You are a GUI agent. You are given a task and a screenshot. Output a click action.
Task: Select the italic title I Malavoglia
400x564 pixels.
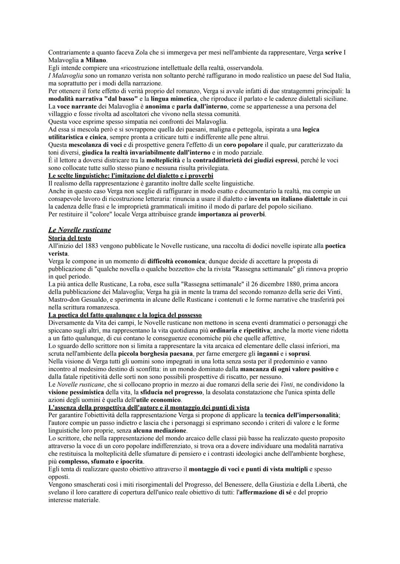click(63, 75)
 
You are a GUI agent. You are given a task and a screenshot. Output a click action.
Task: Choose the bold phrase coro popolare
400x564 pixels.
click(243, 145)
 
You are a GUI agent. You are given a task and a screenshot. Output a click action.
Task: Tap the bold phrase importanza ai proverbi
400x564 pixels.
click(232, 214)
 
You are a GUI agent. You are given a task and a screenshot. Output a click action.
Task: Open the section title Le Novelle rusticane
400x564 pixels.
click(80, 230)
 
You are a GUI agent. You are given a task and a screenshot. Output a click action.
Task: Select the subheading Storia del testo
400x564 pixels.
click(70, 238)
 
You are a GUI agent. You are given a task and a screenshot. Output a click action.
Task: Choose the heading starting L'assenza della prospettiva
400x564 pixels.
click(149, 408)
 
